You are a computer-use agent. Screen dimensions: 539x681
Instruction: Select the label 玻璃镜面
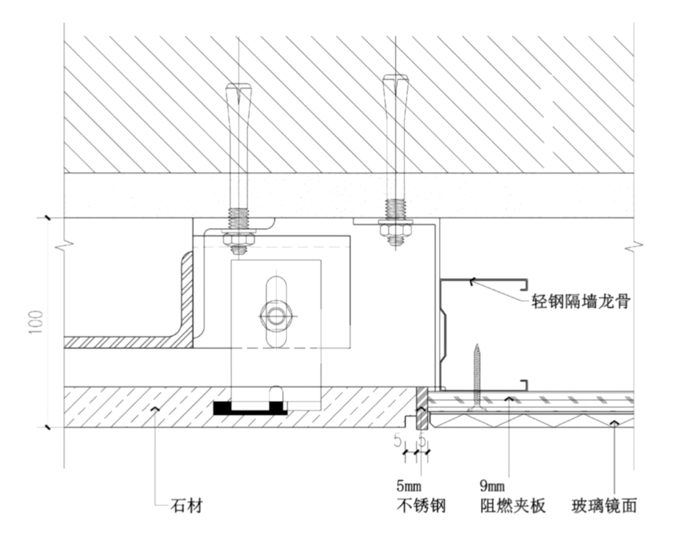coord(603,506)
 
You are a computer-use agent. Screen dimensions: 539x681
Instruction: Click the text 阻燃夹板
coord(511,506)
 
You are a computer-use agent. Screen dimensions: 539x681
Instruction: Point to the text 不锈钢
coord(421,506)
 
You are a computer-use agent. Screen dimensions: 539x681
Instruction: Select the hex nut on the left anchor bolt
coord(238,240)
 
